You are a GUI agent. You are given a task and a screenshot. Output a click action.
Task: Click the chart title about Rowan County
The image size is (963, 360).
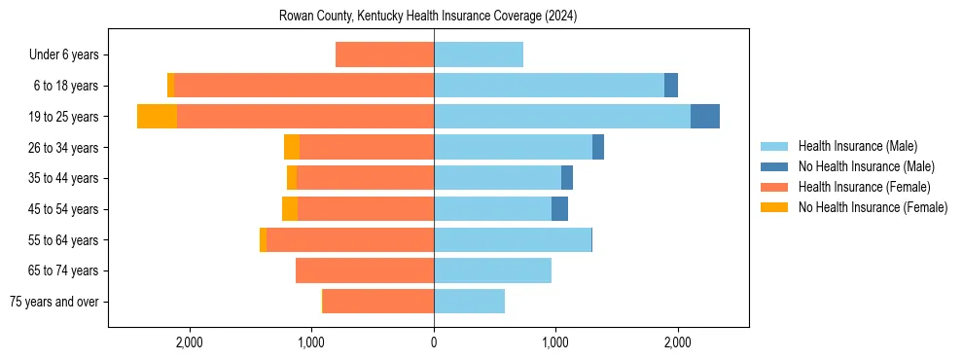(x=428, y=17)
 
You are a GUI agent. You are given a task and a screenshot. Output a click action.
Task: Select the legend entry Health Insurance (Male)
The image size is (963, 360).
(x=857, y=146)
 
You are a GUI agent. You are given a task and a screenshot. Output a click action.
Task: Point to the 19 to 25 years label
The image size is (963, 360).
(x=63, y=117)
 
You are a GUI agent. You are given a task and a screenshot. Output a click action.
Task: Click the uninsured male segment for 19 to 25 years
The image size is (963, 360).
(x=705, y=117)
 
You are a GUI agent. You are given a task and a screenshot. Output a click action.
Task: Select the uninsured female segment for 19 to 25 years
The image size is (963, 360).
(x=157, y=117)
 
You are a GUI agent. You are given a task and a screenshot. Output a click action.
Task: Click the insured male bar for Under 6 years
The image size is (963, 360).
(x=479, y=55)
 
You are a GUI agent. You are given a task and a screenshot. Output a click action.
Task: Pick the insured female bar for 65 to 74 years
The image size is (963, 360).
(x=365, y=270)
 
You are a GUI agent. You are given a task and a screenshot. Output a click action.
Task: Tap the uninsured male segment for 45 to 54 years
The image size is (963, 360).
(x=559, y=209)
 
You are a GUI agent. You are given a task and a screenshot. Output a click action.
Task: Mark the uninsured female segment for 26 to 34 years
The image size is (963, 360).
(x=292, y=148)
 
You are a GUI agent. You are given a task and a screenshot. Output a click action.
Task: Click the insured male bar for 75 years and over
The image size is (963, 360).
(x=469, y=302)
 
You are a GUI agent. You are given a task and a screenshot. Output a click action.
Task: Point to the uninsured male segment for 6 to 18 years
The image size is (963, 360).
(x=671, y=86)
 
